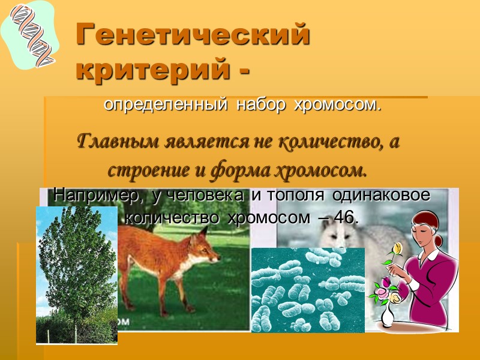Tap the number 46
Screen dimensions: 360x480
click(x=345, y=218)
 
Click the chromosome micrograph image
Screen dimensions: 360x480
click(x=307, y=289)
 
